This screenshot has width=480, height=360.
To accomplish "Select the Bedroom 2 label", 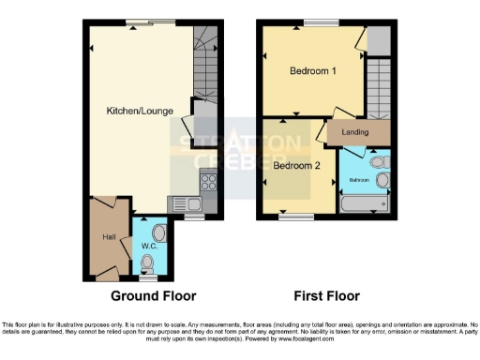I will coord(297,166).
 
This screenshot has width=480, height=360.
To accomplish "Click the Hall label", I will coord(109,237).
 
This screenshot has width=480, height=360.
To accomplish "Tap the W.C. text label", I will coord(148,246).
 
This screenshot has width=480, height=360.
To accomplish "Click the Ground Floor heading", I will coord(154,296).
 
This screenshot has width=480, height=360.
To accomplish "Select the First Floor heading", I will coord(326,296).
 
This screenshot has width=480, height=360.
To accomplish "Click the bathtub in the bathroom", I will coord(366,203).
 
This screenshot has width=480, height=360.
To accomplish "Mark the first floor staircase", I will coord(378,86).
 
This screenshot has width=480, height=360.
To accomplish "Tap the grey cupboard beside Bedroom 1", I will coord(379,40).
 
